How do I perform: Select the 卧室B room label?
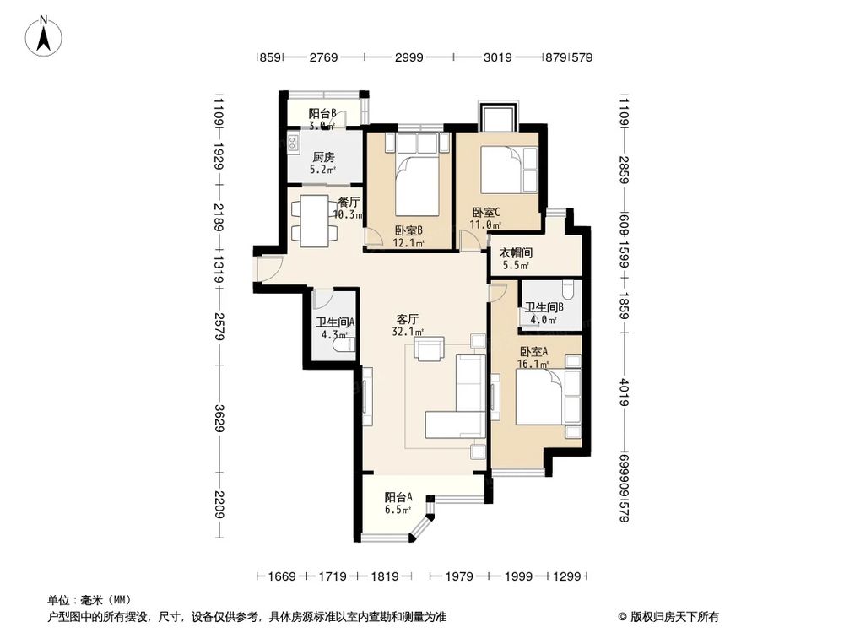(408, 231)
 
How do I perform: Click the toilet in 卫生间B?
(568, 291)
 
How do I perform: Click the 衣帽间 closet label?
(515, 252)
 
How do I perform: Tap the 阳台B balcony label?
(322, 113)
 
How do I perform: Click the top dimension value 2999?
(408, 57)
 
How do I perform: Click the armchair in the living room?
(430, 349)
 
